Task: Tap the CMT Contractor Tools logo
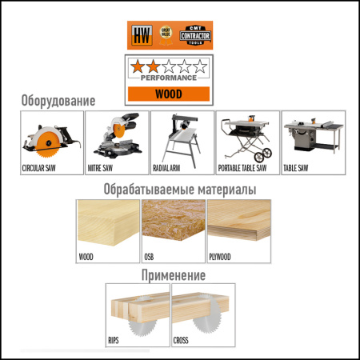click(x=196, y=36)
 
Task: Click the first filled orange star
click(x=140, y=66)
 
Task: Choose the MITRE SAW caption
click(x=103, y=170)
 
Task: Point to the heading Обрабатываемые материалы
click(x=179, y=190)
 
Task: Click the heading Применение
click(x=174, y=275)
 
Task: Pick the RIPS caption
click(x=117, y=341)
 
